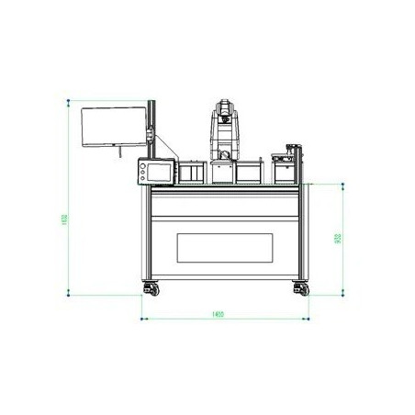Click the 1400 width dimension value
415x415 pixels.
click(218, 314)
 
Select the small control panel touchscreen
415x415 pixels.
click(151, 170)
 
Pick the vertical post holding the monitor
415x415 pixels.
click(152, 138)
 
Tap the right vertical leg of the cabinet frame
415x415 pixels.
click(302, 234)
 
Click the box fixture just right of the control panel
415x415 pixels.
click(192, 173)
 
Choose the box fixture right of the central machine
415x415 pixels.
click(249, 173)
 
